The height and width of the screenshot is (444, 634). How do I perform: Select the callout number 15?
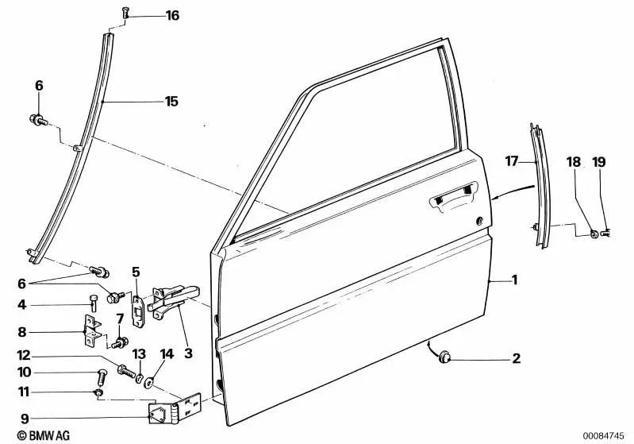pyautogui.click(x=171, y=101)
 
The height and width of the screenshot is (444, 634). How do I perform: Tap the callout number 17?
pyautogui.click(x=511, y=160)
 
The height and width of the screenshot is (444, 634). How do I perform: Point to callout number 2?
pyautogui.click(x=516, y=359)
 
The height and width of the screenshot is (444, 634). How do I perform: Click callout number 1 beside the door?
pyautogui.click(x=514, y=280)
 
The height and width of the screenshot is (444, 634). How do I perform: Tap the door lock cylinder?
pyautogui.click(x=480, y=220)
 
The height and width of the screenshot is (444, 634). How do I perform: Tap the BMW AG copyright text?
pyautogui.click(x=29, y=434)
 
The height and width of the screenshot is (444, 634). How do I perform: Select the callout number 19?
pyautogui.click(x=598, y=162)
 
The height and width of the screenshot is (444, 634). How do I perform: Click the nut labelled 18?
pyautogui.click(x=594, y=233)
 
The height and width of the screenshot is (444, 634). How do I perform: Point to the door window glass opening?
pyautogui.click(x=365, y=143)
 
